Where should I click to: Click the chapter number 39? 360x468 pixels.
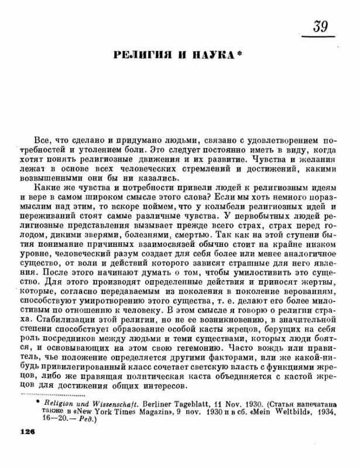pyautogui.click(x=320, y=27)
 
